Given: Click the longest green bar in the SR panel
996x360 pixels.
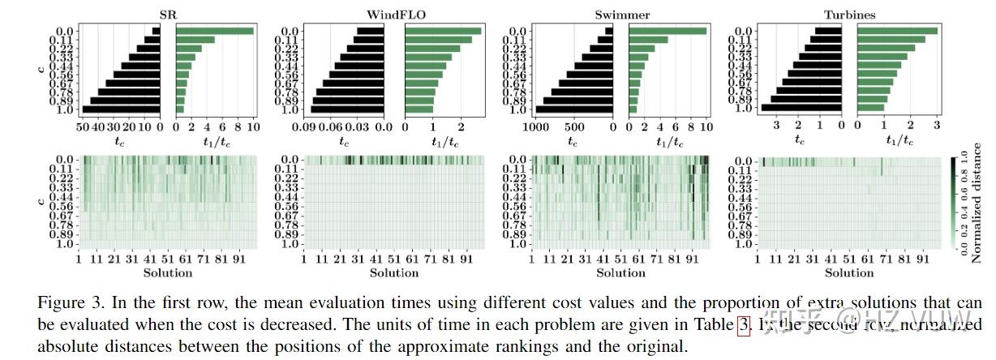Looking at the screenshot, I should tap(215, 31).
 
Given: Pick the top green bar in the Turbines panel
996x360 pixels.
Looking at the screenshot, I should tap(897, 31).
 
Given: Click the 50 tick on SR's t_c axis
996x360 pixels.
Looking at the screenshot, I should tap(81, 127).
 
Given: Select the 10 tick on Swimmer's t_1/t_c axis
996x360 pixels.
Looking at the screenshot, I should tap(705, 127).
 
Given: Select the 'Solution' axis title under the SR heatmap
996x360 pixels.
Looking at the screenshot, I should tap(167, 272).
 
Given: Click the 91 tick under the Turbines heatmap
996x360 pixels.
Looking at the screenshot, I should tap(922, 260).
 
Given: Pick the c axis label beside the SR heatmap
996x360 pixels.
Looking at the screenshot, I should tap(42, 200).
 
